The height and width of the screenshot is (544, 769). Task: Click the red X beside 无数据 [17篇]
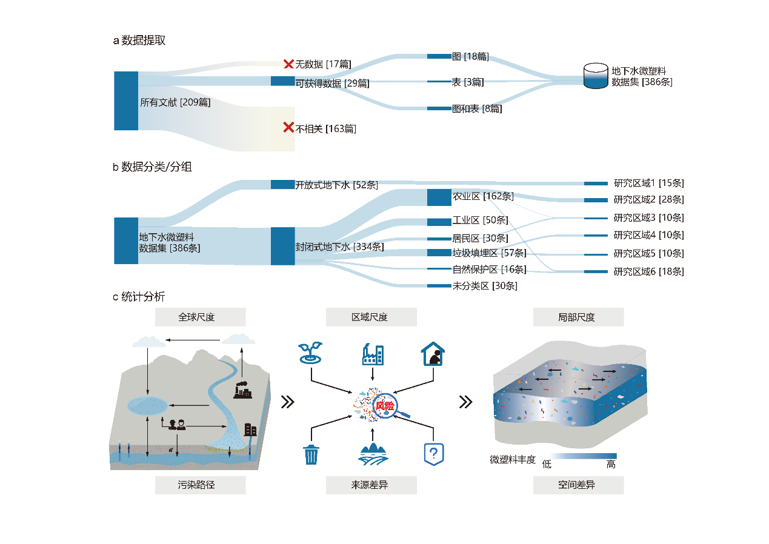(288, 64)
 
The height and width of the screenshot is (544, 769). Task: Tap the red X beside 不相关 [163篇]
(288, 127)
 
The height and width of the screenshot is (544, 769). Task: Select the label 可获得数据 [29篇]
(332, 84)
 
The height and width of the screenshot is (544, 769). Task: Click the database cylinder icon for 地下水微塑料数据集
(595, 76)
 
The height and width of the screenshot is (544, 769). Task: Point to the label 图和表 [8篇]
(477, 109)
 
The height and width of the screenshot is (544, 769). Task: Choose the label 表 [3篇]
(467, 82)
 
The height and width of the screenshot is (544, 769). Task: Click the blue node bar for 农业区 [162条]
(439, 197)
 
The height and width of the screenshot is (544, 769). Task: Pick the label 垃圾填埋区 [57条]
(489, 253)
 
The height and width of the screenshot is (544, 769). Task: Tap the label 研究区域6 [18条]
(648, 271)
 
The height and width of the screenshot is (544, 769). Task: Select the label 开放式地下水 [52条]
(336, 185)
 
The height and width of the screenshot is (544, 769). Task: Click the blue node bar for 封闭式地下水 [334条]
(282, 246)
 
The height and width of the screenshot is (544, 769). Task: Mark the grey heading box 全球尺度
(201, 317)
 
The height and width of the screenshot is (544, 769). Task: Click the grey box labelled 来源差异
(371, 485)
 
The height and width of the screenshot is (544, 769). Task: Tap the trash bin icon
(311, 454)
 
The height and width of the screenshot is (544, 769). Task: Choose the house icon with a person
(433, 355)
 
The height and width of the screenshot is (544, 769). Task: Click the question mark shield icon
(433, 453)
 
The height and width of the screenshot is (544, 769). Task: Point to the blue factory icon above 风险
(372, 354)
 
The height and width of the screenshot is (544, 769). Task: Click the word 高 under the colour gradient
(610, 465)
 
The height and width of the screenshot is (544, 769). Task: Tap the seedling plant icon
(310, 354)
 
